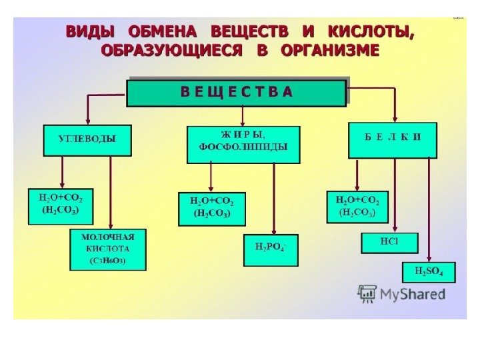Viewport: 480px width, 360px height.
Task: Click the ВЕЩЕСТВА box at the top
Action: click(237, 93)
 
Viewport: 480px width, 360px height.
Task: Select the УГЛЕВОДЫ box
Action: click(87, 140)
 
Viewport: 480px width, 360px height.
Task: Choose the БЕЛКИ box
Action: click(393, 140)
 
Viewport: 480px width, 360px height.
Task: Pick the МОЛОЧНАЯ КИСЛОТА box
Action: click(108, 249)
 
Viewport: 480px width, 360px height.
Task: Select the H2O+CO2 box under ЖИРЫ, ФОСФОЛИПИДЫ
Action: click(212, 209)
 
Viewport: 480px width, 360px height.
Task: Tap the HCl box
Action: click(389, 242)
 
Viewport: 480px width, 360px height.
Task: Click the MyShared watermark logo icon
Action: click(367, 294)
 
